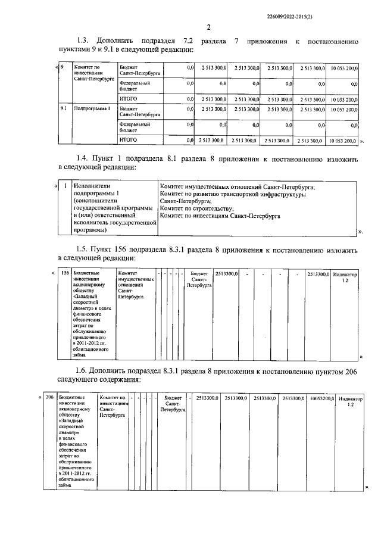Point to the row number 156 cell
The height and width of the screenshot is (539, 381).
click(x=65, y=273)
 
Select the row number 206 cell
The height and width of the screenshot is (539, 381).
click(x=49, y=397)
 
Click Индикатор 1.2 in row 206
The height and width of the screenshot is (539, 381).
click(x=351, y=400)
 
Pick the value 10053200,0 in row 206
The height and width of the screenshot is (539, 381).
click(x=321, y=397)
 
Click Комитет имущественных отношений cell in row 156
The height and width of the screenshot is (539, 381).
click(x=136, y=285)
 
